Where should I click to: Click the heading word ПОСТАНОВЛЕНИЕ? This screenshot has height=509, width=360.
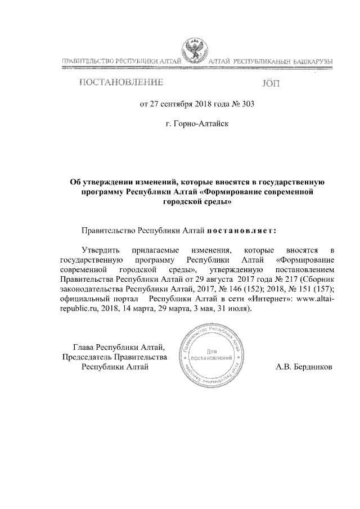[121, 83]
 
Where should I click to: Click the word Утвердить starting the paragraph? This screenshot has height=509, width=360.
[100, 249]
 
